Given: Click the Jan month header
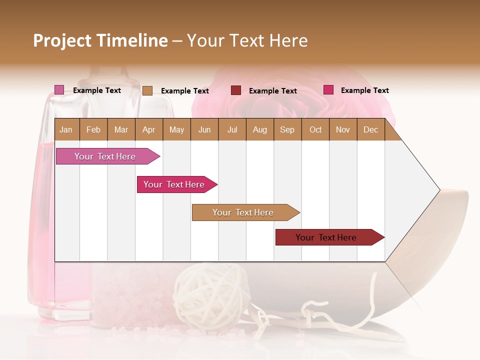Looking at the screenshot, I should [x=66, y=129].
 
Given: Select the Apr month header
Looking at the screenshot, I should [x=148, y=129].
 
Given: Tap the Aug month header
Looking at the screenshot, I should [x=259, y=129].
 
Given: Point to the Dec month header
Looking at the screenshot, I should [x=370, y=129].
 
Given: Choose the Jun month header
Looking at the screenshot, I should [x=204, y=129].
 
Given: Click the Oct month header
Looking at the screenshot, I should [x=315, y=129].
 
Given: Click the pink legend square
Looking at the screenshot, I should [x=59, y=90].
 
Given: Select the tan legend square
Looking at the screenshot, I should [x=147, y=90].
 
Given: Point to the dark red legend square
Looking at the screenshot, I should [x=235, y=90].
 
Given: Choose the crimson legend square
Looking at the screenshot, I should [x=328, y=90].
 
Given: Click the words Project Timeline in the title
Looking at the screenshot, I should [x=100, y=40].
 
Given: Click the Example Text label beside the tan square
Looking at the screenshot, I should [x=184, y=91].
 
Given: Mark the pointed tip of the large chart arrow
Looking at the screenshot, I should [x=438, y=189].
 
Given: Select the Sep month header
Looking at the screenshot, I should [x=287, y=129].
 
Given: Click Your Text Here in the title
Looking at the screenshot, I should [x=247, y=40].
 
